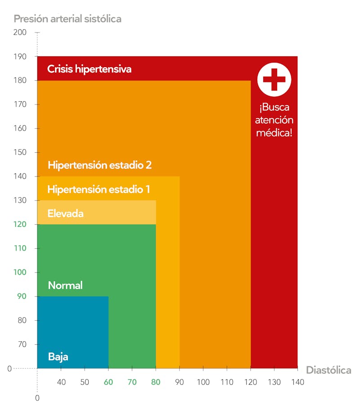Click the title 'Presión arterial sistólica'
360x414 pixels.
point(67,19)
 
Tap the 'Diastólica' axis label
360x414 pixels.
point(328,370)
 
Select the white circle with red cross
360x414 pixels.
point(274,80)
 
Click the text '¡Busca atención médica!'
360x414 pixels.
point(274,120)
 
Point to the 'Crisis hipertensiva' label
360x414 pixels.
point(89,69)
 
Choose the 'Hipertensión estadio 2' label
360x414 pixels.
point(99,165)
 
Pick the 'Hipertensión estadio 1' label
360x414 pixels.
point(99,189)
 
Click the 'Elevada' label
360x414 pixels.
point(65,213)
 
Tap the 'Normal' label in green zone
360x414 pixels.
point(65,285)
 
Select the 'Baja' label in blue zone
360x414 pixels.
point(58,357)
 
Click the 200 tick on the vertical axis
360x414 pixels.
point(20,32)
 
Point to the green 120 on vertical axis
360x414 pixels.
point(20,224)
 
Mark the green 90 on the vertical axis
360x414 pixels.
point(22,296)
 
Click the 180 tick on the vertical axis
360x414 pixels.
point(20,81)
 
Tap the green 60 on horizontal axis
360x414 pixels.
point(108,382)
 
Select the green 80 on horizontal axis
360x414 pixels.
point(156,382)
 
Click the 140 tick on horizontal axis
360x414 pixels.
point(297,382)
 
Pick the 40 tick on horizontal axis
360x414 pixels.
point(61,382)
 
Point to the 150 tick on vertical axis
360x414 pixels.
point(20,152)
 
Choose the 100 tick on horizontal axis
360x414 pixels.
point(203,382)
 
